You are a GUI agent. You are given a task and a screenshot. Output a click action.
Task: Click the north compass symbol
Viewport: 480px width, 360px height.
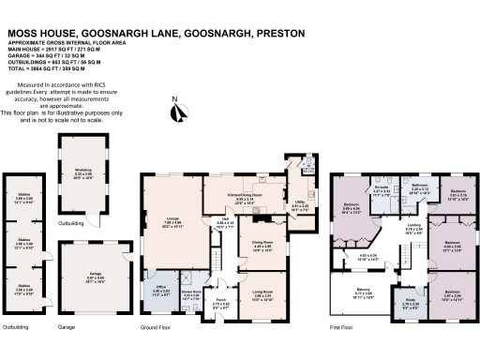[175, 115]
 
